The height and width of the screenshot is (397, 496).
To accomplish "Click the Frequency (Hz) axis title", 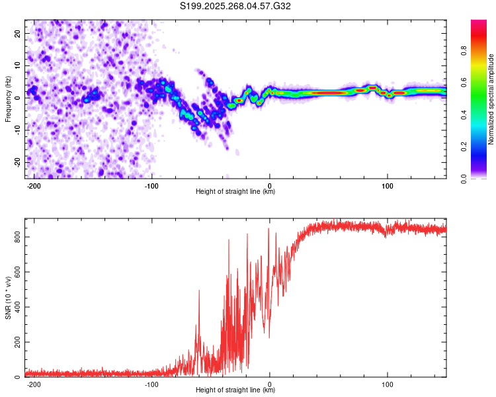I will coord(8,99).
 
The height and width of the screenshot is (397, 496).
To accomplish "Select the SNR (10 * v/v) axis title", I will coord(8,299).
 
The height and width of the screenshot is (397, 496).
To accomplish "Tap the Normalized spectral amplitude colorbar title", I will coord(491,99).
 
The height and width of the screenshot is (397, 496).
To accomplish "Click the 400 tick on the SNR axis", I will coord(17,306).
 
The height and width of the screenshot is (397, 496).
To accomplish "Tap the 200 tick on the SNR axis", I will coord(17,342).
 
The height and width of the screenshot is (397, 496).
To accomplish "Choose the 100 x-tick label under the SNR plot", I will coord(388,383).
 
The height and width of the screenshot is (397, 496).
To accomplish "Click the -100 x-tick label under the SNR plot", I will coord(151,383).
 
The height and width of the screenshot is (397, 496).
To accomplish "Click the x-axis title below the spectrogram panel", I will coord(235,192).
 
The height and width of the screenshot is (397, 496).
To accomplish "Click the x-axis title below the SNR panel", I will coord(235,390).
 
